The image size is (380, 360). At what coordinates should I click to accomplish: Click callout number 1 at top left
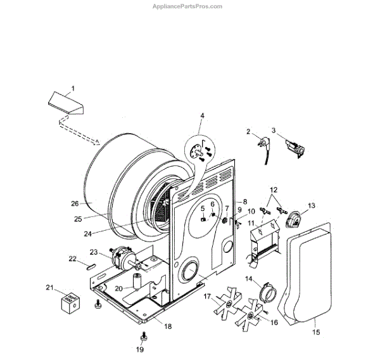[x=72, y=87]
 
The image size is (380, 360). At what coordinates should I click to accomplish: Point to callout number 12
[x=274, y=190]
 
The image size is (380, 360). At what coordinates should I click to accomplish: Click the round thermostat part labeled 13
[x=293, y=221]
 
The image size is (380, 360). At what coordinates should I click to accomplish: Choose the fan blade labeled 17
[x=225, y=306]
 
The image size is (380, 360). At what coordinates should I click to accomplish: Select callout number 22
[x=73, y=258]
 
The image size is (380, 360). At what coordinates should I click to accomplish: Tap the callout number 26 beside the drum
[x=75, y=203]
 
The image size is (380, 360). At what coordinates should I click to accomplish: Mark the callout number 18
[x=168, y=326]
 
